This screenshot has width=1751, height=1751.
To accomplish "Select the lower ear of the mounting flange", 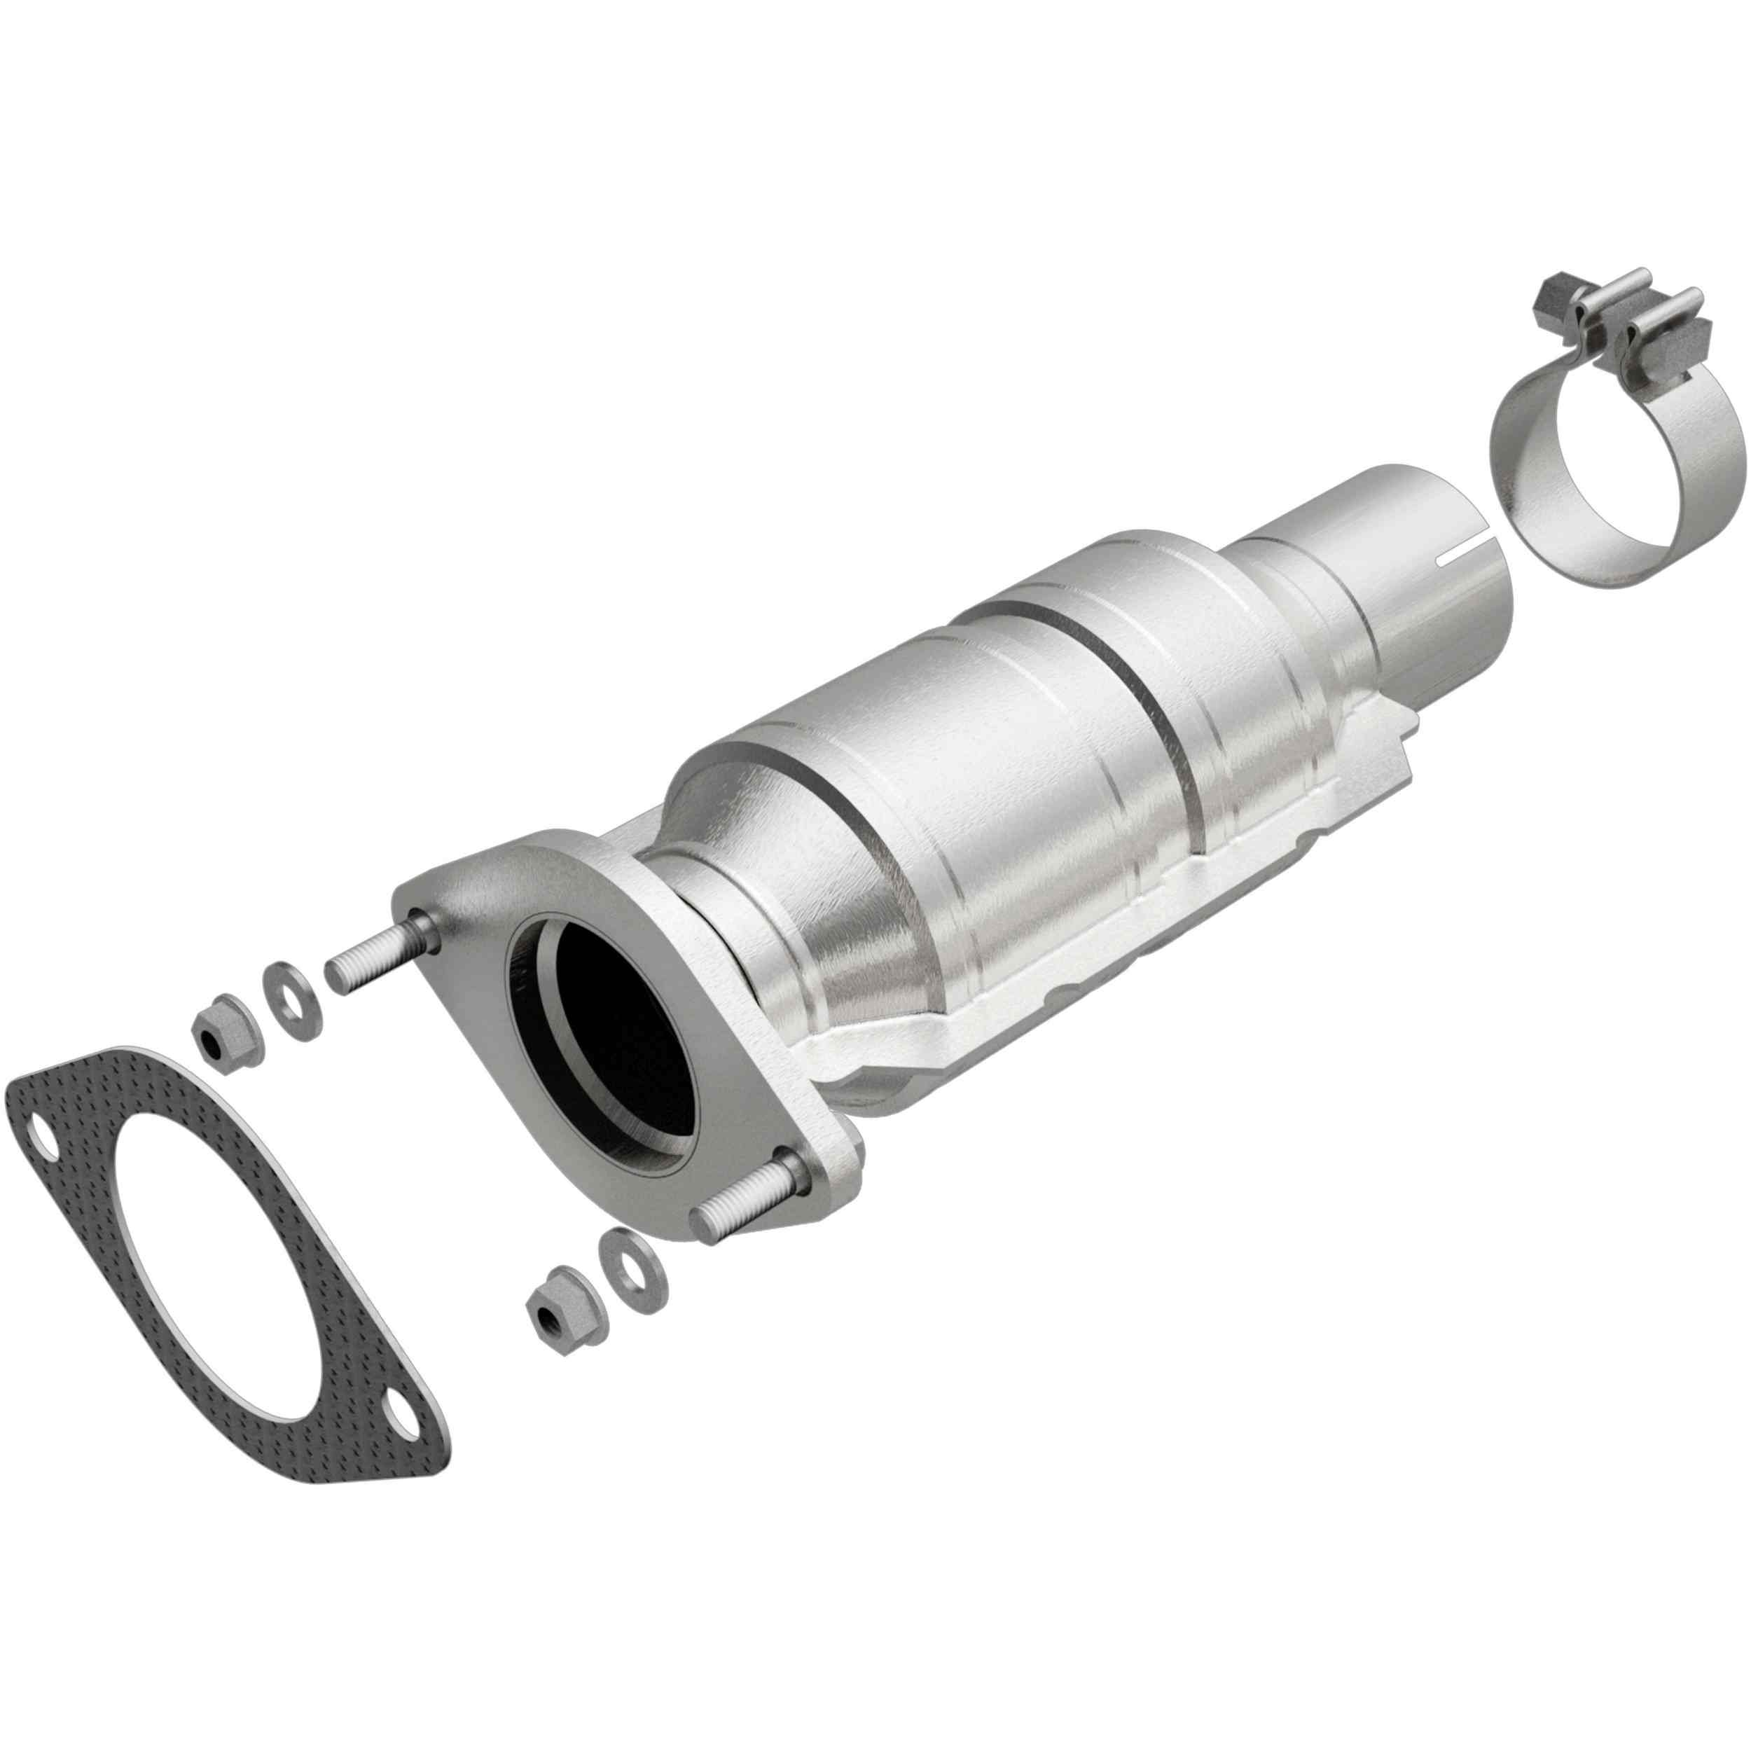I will click(820, 1169).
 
